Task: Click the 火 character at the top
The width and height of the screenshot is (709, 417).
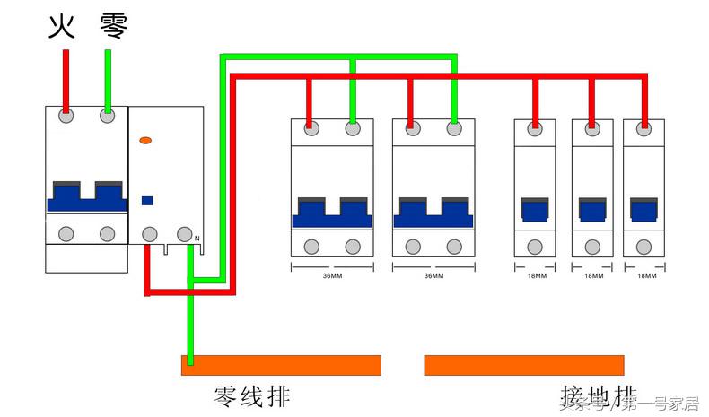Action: [60, 27]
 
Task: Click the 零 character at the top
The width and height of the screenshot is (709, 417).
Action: [113, 27]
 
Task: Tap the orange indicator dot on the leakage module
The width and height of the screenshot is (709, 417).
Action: [145, 141]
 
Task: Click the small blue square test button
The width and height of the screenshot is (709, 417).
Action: [147, 201]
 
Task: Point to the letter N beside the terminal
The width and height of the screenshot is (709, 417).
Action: [197, 238]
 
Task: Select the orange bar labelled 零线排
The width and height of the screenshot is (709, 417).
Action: [281, 365]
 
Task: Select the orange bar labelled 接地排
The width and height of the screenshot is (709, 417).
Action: [524, 365]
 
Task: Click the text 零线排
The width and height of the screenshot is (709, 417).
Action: [252, 395]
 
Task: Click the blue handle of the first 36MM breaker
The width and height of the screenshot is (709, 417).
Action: [332, 213]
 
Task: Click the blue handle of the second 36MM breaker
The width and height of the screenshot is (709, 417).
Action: [433, 213]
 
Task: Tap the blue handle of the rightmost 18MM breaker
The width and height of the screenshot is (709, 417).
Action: [643, 210]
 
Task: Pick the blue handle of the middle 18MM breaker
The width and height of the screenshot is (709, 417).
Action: [592, 210]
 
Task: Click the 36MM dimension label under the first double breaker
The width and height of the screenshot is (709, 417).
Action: [332, 275]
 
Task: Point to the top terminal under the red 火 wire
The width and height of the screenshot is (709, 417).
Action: [66, 115]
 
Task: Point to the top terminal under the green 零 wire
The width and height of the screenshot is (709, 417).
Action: [108, 115]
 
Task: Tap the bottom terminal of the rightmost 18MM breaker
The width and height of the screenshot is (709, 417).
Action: [644, 245]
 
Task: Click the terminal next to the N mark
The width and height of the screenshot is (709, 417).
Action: [184, 234]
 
